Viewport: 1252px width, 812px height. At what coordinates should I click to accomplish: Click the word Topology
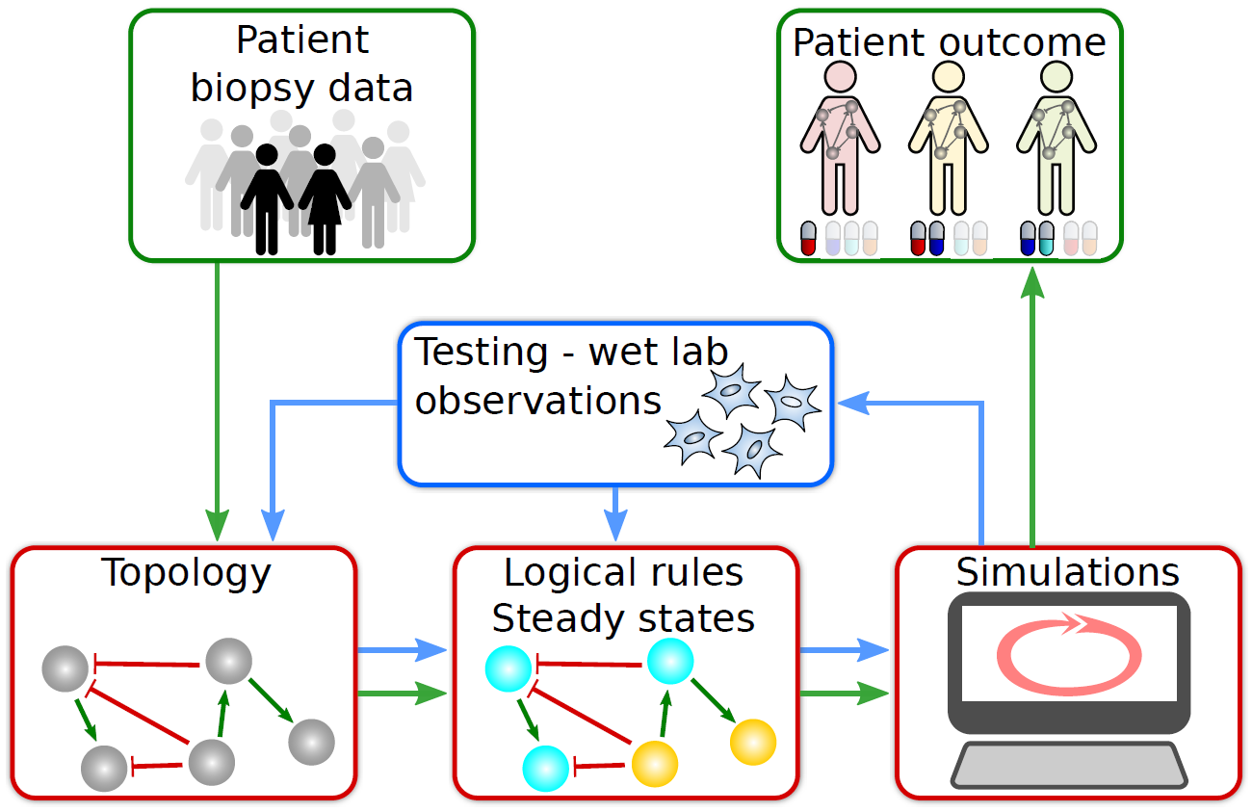[x=186, y=573]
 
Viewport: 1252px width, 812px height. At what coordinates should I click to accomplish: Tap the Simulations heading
[x=1067, y=572]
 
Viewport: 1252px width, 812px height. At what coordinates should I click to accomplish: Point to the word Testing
[x=481, y=354]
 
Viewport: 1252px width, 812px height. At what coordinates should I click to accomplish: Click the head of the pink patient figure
[x=840, y=76]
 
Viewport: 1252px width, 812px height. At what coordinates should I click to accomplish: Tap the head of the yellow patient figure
[x=948, y=76]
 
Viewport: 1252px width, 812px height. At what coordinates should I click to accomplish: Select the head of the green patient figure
[x=1056, y=76]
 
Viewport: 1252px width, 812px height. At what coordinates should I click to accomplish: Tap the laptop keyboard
[x=1069, y=765]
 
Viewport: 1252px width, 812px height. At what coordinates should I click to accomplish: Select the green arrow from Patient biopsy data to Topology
[x=218, y=402]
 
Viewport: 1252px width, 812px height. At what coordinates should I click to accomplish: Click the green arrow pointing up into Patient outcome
[x=1032, y=406]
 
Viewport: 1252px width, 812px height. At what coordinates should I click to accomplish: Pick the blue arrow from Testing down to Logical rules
[x=616, y=513]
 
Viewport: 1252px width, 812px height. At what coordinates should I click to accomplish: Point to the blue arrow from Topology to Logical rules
[x=402, y=650]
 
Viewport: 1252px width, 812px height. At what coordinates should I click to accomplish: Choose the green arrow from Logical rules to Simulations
[x=845, y=694]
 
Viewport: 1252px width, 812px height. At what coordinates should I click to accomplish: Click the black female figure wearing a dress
[x=325, y=199]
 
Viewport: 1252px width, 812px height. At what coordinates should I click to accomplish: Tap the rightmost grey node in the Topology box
[x=311, y=742]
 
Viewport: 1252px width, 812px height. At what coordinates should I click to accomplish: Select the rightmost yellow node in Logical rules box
[x=753, y=742]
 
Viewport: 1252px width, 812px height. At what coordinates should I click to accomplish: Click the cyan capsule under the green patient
[x=1046, y=239]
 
